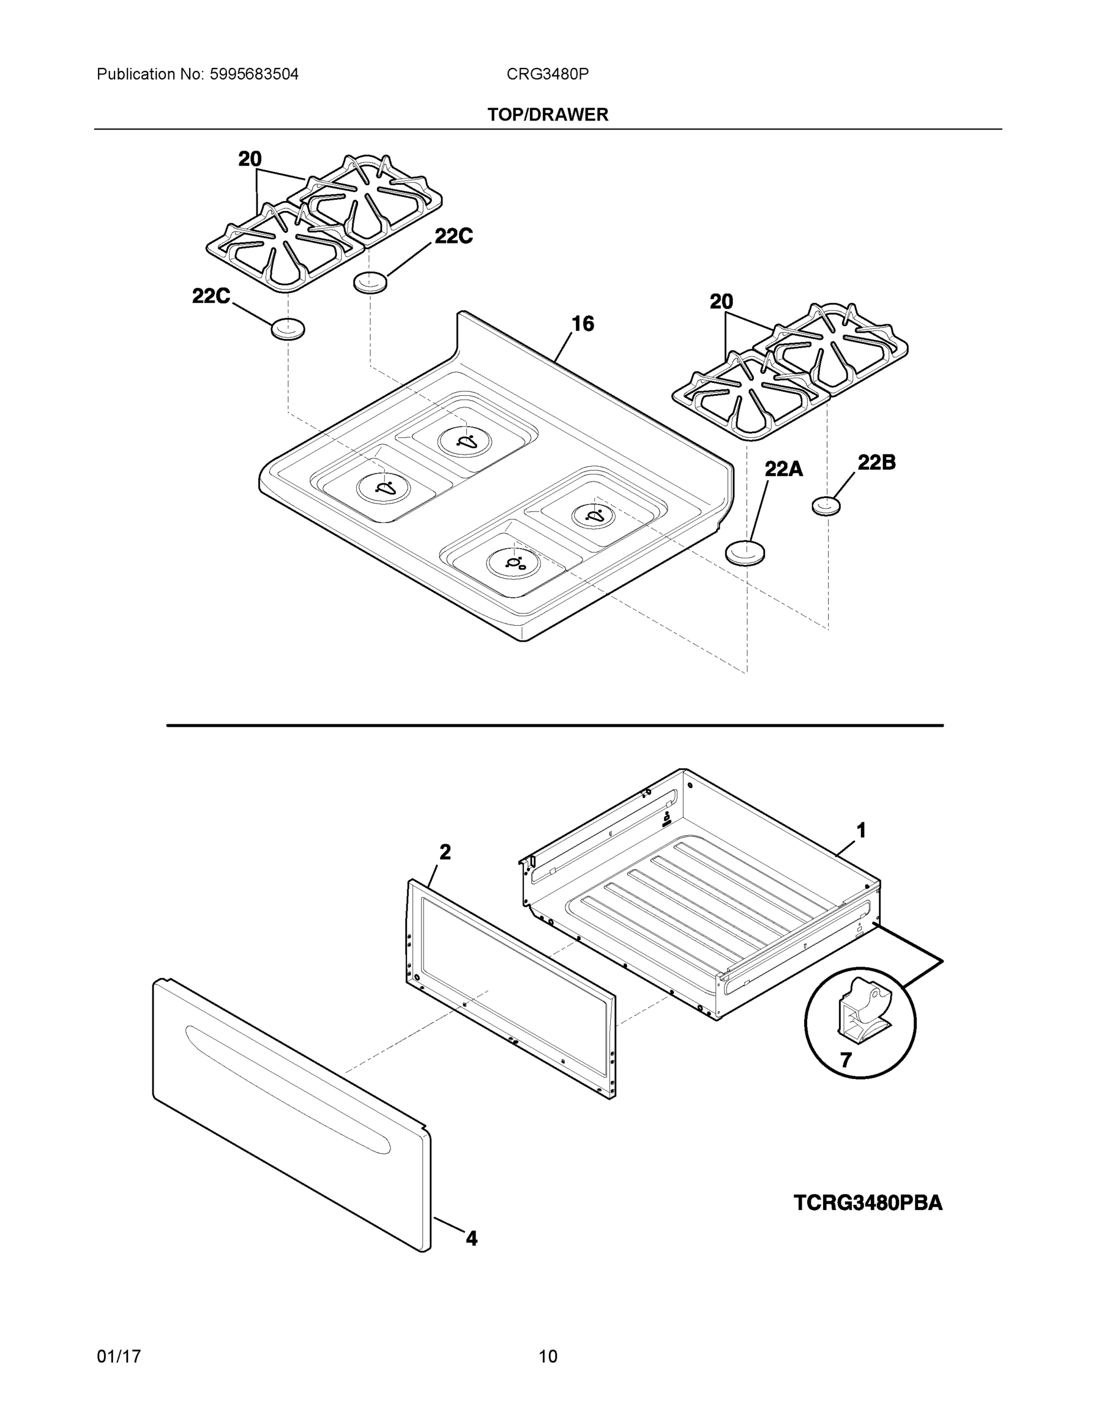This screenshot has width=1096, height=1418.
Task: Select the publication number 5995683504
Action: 254,74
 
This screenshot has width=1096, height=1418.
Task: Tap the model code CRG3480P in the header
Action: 547,74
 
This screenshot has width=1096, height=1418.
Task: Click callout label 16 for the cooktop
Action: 583,323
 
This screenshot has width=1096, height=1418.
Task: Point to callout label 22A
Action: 783,469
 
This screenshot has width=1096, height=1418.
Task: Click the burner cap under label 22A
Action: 744,552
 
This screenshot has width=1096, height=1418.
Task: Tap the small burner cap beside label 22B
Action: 826,505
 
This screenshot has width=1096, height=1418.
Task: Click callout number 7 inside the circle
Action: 845,1061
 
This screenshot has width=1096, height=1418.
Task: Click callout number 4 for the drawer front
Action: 471,1239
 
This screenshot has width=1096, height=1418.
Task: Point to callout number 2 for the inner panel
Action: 445,852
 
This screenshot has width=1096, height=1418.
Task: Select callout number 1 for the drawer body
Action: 861,830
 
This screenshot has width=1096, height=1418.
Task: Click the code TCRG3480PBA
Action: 867,1203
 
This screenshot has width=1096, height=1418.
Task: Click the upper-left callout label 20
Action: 250,158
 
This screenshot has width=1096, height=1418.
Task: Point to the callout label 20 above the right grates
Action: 721,301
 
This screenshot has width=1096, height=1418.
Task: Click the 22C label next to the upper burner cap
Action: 453,236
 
